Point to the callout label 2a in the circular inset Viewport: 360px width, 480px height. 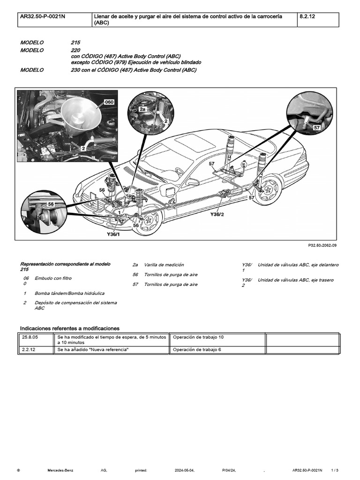tap(142, 108)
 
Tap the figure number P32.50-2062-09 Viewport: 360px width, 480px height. tap(322, 245)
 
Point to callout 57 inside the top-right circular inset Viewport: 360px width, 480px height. tap(317, 127)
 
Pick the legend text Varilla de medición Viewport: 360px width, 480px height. tap(164, 265)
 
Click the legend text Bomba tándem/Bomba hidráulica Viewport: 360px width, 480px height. tap(69, 293)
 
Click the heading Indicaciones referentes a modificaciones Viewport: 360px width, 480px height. tap(69, 328)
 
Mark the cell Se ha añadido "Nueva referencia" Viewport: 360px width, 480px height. tap(93, 350)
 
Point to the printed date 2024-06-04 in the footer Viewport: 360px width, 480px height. tap(184, 469)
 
